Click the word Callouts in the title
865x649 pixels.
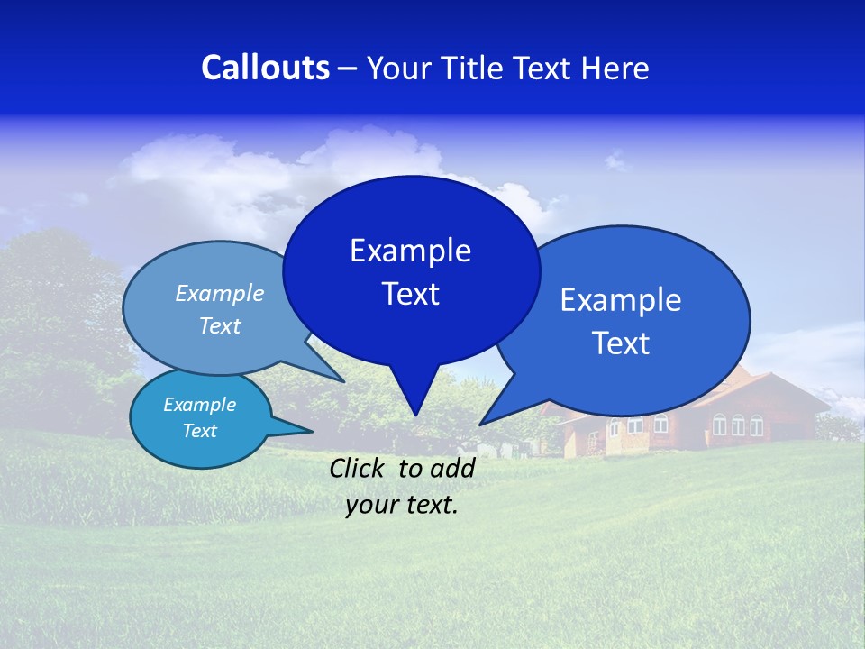265,68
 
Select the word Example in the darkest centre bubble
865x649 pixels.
410,251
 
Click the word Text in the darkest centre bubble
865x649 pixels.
410,294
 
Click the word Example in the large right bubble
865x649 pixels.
620,300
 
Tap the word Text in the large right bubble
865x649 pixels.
620,343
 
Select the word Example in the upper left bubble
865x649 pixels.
219,294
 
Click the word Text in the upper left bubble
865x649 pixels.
219,326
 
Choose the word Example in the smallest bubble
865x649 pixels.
199,405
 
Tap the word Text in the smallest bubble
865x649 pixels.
199,431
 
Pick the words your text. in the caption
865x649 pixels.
401,505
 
